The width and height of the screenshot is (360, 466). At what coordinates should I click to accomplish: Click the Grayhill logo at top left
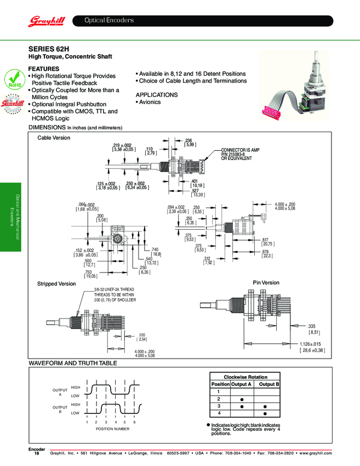(47, 21)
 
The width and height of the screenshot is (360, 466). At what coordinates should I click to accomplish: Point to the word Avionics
(150, 102)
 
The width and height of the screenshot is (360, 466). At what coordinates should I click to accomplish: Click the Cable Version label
(54, 138)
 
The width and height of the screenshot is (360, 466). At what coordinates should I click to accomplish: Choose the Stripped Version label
(56, 284)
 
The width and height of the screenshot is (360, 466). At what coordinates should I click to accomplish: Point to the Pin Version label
(266, 283)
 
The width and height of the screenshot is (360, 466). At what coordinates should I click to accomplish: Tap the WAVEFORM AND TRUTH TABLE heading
(73, 363)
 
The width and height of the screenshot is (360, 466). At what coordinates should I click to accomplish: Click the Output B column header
(269, 384)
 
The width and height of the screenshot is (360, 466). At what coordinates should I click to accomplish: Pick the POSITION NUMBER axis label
(112, 429)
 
